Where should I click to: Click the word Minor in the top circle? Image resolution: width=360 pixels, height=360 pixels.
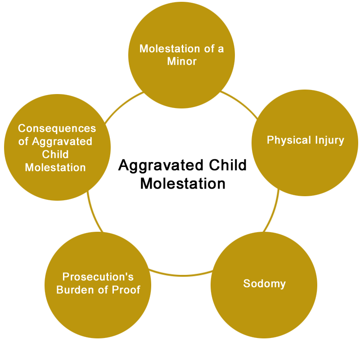(x=182, y=61)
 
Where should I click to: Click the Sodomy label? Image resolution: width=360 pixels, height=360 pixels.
(x=265, y=284)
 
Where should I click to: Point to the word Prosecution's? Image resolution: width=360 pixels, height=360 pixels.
(x=98, y=277)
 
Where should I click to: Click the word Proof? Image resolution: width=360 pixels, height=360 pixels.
(x=126, y=290)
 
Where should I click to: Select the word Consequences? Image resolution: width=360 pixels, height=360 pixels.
(x=57, y=128)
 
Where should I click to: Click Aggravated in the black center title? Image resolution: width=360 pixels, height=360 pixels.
(x=161, y=166)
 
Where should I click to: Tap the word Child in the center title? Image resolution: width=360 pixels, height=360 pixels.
(x=228, y=165)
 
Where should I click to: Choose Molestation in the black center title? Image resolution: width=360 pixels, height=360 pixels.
(x=183, y=184)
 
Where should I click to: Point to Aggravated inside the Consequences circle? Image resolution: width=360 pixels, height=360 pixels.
(x=62, y=142)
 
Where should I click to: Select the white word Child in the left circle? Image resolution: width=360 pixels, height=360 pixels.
(x=55, y=154)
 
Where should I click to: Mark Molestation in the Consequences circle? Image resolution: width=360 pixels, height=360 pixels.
(x=55, y=167)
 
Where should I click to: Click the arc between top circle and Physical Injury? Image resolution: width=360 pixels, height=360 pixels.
(x=240, y=103)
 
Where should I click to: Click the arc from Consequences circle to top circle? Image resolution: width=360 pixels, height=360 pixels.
(x=122, y=105)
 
